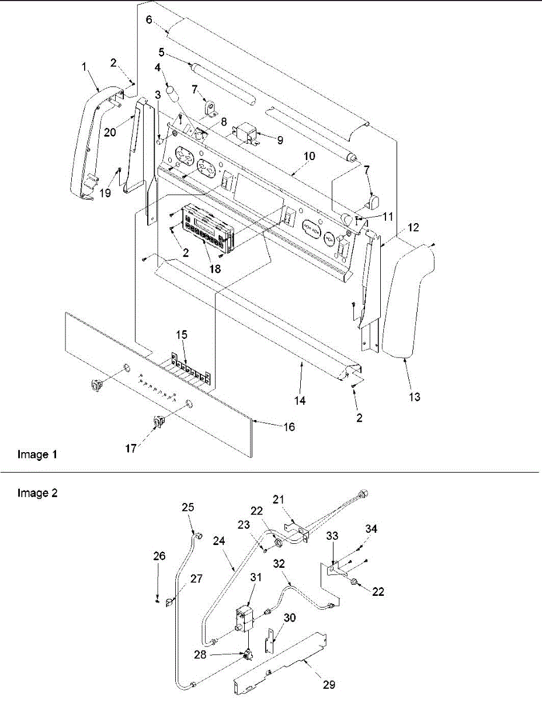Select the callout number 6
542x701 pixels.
pyautogui.click(x=149, y=19)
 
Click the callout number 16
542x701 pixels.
pyautogui.click(x=289, y=428)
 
